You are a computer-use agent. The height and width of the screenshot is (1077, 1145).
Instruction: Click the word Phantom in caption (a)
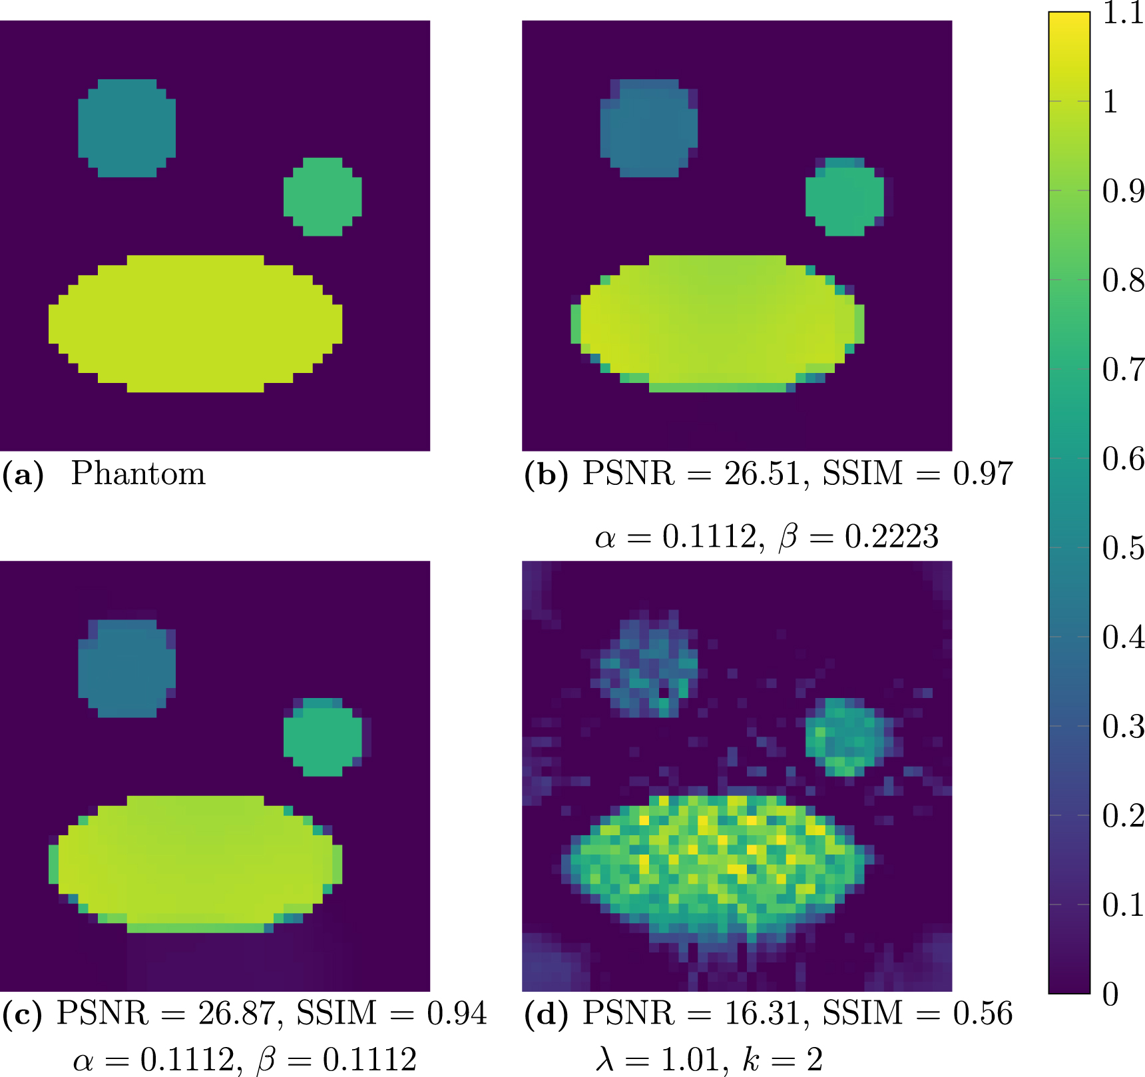(x=138, y=474)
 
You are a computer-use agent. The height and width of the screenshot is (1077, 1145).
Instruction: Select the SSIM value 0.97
(x=983, y=474)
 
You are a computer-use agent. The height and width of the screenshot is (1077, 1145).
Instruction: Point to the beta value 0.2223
(x=891, y=537)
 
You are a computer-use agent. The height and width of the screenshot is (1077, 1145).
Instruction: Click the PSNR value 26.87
(x=236, y=1013)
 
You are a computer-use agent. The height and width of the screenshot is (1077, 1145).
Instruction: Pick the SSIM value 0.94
(x=457, y=1013)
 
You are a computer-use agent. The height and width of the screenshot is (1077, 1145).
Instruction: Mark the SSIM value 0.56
(x=983, y=1013)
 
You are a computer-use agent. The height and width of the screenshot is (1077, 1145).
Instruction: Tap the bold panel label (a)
(x=23, y=474)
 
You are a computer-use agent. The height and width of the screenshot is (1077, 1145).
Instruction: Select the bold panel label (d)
(x=546, y=1014)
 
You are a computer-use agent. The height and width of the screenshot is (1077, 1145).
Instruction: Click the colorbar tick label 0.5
(x=1123, y=547)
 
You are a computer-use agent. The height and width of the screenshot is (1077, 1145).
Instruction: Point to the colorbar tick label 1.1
(x=1123, y=13)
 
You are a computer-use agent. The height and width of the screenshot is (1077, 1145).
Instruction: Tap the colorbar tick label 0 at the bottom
(x=1110, y=994)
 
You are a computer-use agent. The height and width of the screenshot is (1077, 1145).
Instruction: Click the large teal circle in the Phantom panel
(x=127, y=128)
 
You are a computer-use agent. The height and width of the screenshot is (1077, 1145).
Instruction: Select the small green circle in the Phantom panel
(x=323, y=196)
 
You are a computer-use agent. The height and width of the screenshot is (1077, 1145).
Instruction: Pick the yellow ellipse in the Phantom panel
(x=196, y=324)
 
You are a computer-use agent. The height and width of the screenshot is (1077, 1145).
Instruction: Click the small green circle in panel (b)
(x=845, y=196)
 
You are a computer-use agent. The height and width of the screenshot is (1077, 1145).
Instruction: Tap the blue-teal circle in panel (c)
(x=127, y=668)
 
